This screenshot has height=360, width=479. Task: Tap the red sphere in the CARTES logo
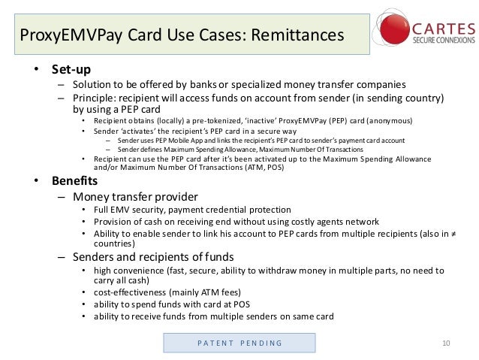[395, 29]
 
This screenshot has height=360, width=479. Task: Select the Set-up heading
[71, 70]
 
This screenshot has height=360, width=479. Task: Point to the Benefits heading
[74, 181]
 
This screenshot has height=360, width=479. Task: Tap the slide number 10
[446, 343]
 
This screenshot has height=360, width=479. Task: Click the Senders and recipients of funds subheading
[153, 257]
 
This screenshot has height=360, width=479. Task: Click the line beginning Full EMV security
[192, 210]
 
